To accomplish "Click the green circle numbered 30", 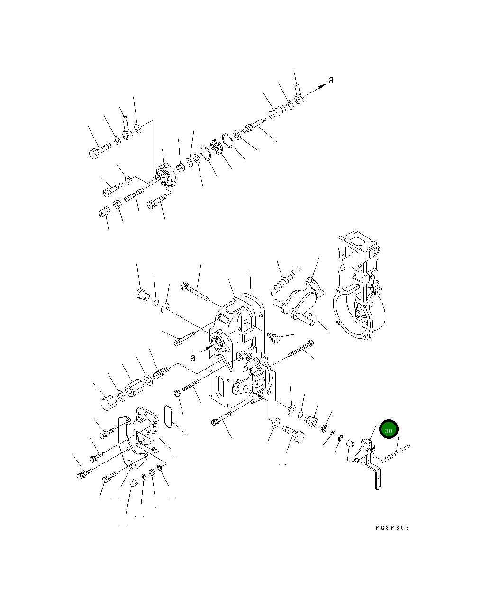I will pyautogui.click(x=389, y=430).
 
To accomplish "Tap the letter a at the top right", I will pyautogui.click(x=331, y=80).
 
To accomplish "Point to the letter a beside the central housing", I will pyautogui.click(x=193, y=357).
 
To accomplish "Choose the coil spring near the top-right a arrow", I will pyautogui.click(x=276, y=113).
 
